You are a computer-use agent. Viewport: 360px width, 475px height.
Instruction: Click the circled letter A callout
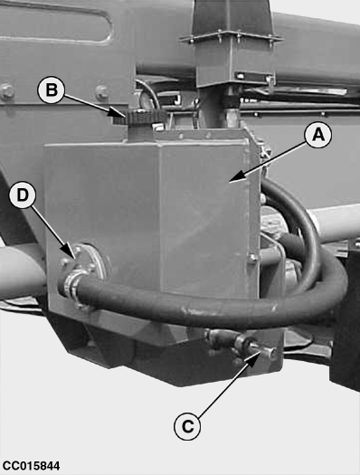click(317, 135)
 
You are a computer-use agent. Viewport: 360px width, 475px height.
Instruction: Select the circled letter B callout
click(51, 90)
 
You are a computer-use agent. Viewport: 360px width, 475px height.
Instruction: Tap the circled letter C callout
click(187, 426)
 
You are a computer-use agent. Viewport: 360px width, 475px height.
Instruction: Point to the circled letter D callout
click(23, 195)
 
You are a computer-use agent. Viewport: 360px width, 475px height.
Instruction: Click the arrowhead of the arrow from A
click(233, 179)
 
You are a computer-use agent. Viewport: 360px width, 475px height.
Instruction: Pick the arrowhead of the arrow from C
click(254, 356)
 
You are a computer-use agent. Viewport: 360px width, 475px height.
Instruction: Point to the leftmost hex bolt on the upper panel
click(6, 90)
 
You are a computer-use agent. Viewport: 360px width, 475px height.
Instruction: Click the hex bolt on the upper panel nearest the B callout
click(102, 91)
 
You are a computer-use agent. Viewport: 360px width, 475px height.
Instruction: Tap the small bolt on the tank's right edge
click(253, 258)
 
